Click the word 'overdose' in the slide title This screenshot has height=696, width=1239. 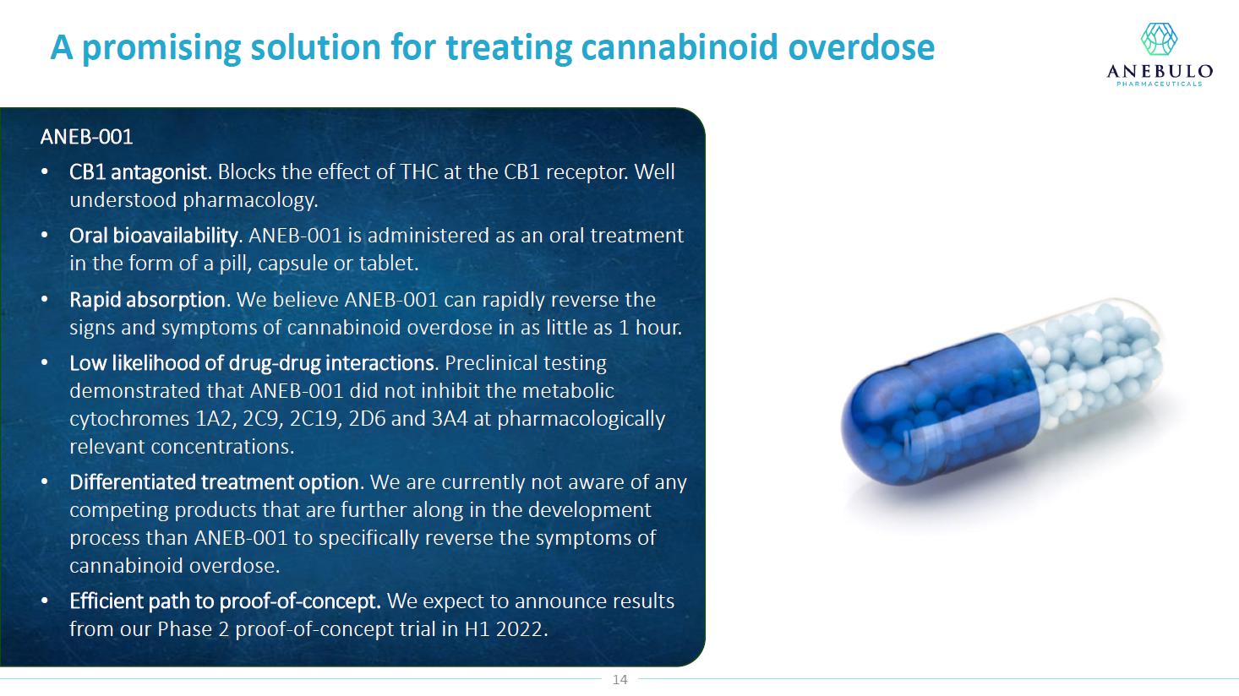click(x=861, y=47)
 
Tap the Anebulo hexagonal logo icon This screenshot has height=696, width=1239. click(x=1159, y=39)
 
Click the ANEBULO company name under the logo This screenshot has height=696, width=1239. click(x=1160, y=71)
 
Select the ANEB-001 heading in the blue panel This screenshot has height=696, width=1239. click(x=86, y=137)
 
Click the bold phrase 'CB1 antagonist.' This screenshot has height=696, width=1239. click(x=140, y=172)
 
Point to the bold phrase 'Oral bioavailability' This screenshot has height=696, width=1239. click(x=154, y=236)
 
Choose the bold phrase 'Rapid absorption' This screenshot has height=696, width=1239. click(x=148, y=300)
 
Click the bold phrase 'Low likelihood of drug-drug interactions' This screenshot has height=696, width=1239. click(x=252, y=363)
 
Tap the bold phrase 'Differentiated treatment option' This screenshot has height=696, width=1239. click(x=214, y=482)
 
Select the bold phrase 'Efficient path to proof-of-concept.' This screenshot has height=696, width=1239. click(x=225, y=601)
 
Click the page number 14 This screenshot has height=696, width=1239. click(x=619, y=680)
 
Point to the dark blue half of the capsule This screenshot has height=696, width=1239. click(x=941, y=412)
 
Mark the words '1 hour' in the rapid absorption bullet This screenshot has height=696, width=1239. click(x=650, y=328)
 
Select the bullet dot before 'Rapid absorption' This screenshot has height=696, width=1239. click(x=45, y=300)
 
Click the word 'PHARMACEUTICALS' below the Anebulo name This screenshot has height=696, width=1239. click(x=1160, y=84)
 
